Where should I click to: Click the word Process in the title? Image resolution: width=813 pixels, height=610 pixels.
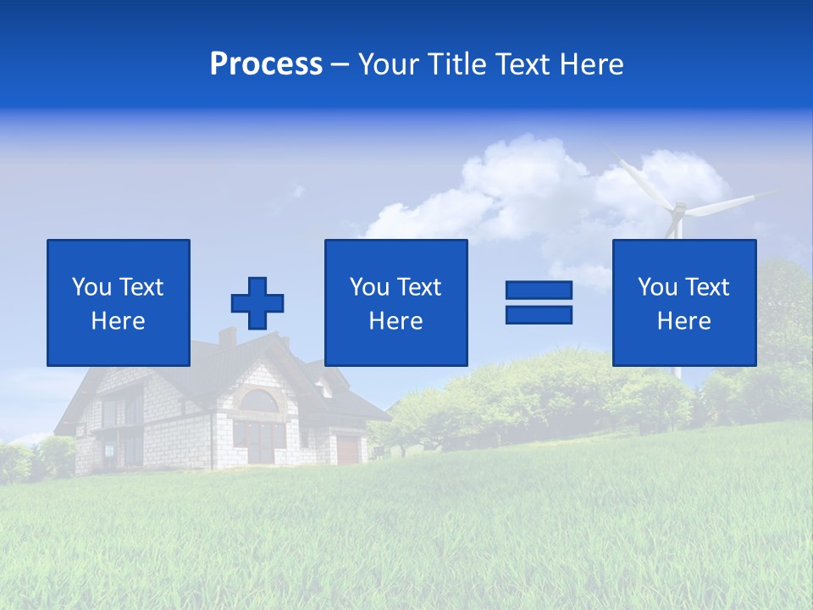coord(266,64)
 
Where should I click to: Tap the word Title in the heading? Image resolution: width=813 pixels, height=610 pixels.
coord(456,64)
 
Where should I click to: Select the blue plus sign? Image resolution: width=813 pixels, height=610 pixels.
coord(257,302)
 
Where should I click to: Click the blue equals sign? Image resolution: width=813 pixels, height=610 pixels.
coord(539,302)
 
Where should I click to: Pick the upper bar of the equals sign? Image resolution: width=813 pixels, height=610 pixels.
coord(539,291)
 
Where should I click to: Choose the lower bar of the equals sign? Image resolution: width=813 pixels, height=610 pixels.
coord(539,314)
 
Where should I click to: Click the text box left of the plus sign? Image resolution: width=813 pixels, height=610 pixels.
coord(119,302)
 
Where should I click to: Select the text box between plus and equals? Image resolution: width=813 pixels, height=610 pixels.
coord(396,302)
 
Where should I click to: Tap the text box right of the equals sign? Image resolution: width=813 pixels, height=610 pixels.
coord(684,302)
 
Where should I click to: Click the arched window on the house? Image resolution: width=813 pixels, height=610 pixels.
coord(260,402)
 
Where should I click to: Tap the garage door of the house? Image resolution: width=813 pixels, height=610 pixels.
coord(347,449)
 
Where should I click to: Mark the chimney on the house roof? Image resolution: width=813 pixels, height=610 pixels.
coord(227,336)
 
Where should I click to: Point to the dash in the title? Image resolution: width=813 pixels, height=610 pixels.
coord(340,64)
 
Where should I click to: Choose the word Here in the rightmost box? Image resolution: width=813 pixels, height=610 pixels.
coord(684,321)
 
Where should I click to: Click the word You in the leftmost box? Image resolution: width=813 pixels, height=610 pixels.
coord(91,287)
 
